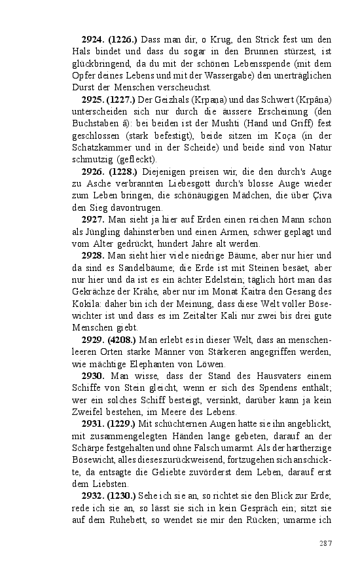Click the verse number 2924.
(94, 41)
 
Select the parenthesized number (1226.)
(123, 41)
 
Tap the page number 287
(326, 543)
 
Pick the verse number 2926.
(94, 172)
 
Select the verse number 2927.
(94, 220)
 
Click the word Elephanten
(153, 364)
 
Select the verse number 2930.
(94, 376)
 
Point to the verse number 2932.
(94, 495)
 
